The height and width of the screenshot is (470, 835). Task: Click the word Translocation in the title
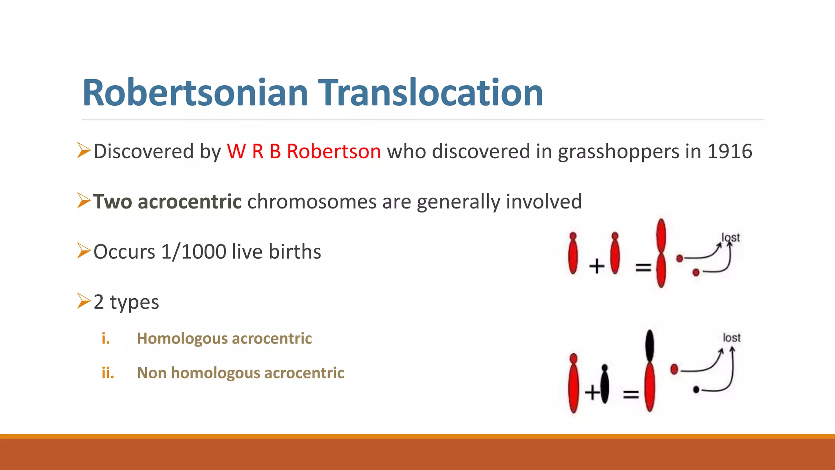coord(430,93)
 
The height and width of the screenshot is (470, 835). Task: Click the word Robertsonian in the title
coord(195,93)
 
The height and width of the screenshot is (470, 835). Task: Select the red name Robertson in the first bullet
coord(334,151)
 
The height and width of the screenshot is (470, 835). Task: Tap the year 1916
coord(729,151)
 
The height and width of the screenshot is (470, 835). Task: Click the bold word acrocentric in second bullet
coord(190,202)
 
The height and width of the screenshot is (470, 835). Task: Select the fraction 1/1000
coord(194,252)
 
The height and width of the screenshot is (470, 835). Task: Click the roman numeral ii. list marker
coord(108,373)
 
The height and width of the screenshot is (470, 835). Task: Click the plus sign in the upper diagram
coord(596,266)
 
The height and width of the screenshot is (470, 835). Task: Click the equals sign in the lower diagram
coord(630,394)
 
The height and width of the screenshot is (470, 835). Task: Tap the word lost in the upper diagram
coord(730,237)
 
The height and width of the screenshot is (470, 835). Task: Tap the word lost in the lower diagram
coord(731,338)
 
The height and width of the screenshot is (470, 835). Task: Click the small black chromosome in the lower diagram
coord(605,384)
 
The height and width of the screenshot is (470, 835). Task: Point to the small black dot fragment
coord(696,390)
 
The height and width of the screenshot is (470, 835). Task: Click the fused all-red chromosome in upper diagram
coord(661,253)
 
